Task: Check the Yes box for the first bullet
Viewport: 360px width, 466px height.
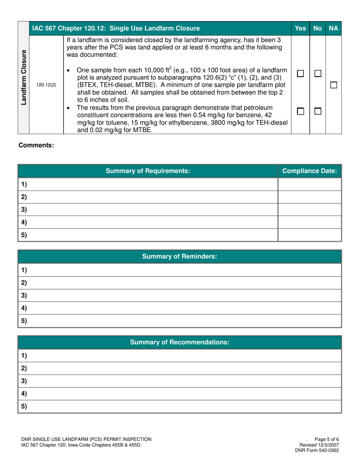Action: (301, 73)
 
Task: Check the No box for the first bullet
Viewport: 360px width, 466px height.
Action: (318, 73)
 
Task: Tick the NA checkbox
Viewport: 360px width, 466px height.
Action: (333, 85)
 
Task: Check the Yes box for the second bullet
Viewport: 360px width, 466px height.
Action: (301, 111)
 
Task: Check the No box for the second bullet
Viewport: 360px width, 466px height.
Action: (318, 111)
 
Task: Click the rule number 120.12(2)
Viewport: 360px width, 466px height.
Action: (46, 85)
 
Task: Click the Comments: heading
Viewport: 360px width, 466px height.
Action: (36, 145)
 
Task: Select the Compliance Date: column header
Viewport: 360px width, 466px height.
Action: (310, 171)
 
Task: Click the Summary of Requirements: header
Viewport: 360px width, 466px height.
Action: (148, 171)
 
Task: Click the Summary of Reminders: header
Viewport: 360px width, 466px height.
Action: (180, 256)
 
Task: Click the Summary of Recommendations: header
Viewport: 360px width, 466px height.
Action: (180, 342)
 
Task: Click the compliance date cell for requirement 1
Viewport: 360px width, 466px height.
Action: (310, 184)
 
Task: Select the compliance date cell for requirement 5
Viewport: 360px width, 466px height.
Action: (310, 235)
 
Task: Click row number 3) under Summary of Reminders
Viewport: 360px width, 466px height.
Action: (24, 295)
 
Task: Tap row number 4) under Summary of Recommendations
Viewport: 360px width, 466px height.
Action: (24, 394)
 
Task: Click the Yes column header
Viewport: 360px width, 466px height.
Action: (300, 28)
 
